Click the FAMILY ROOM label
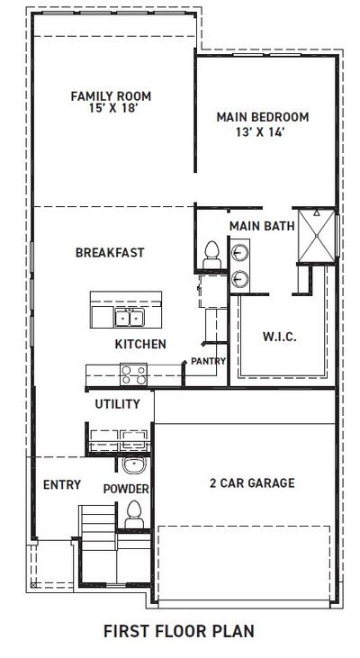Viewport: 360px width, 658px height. point(111,95)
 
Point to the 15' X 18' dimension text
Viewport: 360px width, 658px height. point(111,108)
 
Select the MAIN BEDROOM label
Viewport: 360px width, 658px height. point(263,117)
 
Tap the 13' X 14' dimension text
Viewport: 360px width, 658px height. point(263,131)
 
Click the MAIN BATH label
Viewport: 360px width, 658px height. point(261,226)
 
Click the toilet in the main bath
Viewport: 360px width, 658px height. point(212,252)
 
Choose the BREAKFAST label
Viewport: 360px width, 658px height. point(110,253)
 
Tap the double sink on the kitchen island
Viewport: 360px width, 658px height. point(128,317)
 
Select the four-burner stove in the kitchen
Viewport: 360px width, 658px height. point(133,372)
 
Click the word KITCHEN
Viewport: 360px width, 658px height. point(139,344)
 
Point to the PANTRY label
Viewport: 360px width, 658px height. point(208,361)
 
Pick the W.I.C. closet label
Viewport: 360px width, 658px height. point(279,337)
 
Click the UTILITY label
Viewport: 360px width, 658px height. point(118,404)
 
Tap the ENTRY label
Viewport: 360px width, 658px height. point(62,485)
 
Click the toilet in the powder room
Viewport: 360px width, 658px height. point(134,514)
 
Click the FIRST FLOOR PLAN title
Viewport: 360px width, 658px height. point(178,631)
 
